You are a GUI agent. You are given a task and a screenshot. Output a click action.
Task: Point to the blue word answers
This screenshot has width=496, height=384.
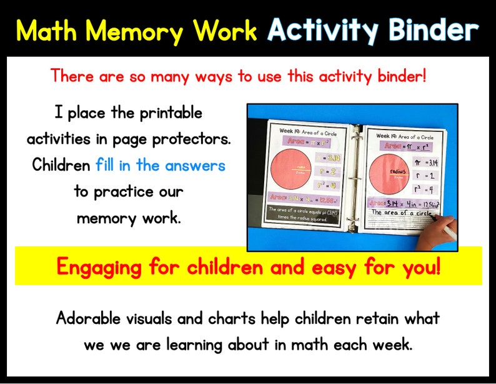tap(194, 166)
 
